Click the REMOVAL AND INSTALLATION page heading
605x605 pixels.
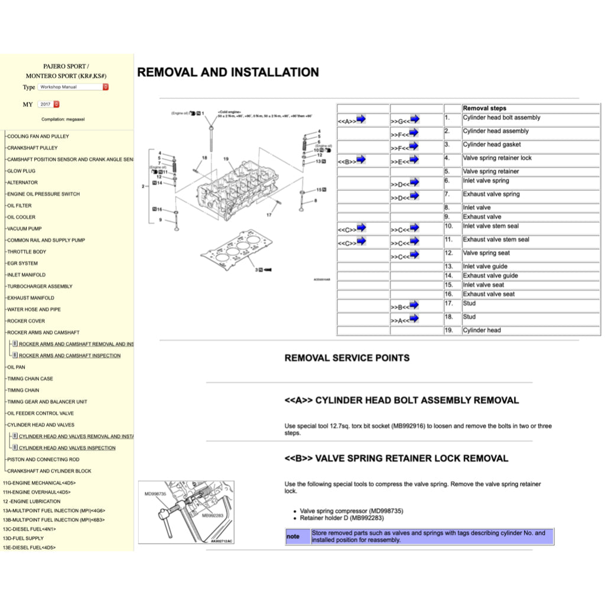(x=228, y=73)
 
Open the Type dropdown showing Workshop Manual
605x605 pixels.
(x=73, y=87)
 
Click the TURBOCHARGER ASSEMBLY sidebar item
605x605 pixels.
(x=40, y=287)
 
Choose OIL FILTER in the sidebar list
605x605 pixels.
(x=19, y=206)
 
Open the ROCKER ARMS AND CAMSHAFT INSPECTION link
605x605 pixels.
(x=69, y=356)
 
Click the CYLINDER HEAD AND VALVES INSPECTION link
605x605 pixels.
(x=67, y=448)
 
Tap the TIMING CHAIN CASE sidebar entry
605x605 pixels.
(x=30, y=379)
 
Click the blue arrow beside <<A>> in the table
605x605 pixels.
(x=361, y=119)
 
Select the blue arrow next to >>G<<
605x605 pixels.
(x=414, y=119)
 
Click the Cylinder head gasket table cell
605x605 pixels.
(x=492, y=145)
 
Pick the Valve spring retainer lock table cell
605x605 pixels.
(x=497, y=158)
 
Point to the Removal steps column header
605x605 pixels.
(x=484, y=108)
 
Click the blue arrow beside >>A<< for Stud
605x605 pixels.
(x=414, y=318)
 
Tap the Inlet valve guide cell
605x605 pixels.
(x=485, y=266)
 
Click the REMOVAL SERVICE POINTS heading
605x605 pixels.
(x=347, y=358)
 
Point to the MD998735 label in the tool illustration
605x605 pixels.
(x=155, y=493)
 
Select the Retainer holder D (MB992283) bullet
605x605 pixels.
(x=341, y=518)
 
